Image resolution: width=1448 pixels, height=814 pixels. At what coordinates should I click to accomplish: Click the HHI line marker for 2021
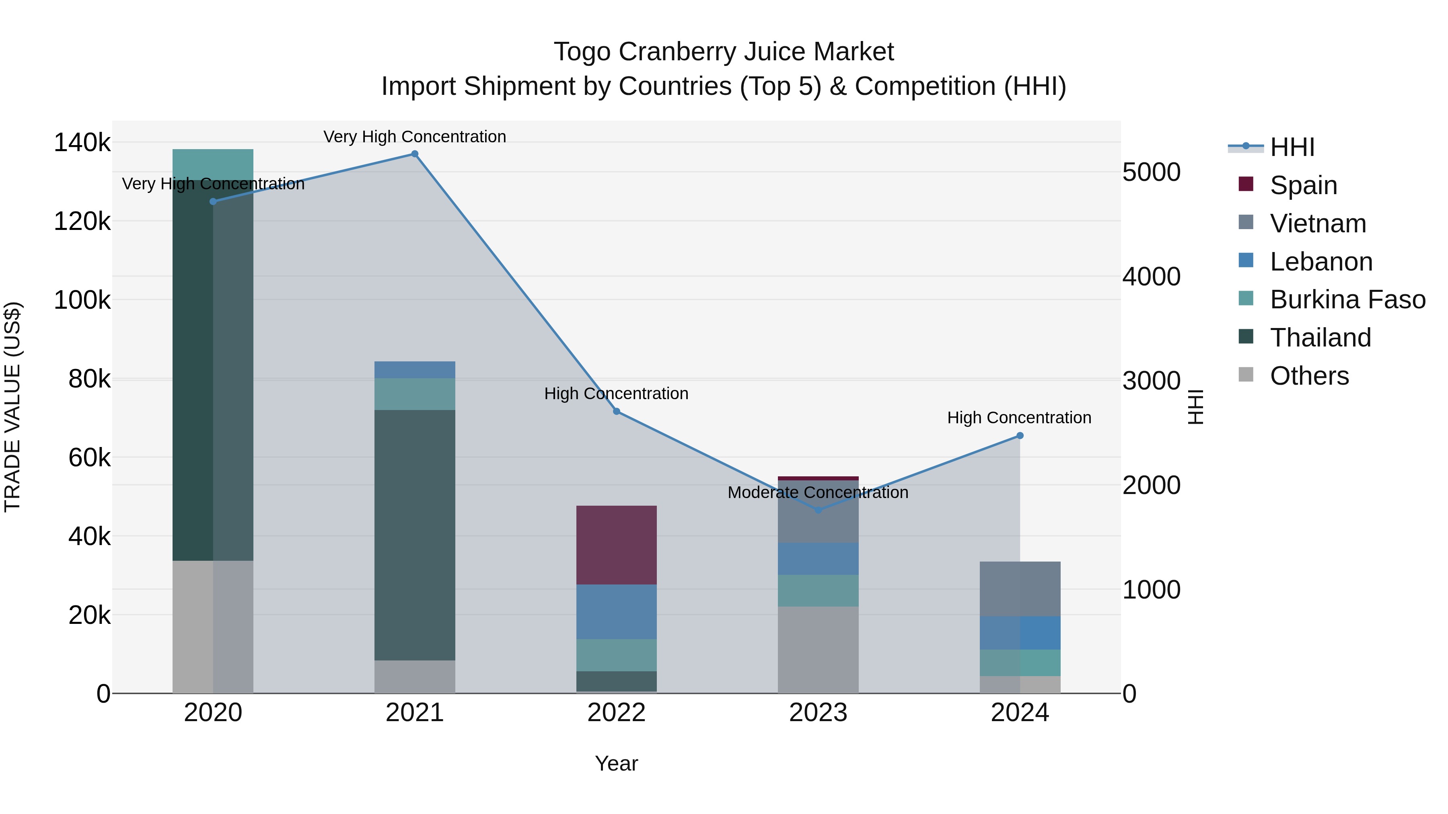[x=414, y=154]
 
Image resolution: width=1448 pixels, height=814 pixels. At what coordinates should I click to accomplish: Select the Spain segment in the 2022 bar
[x=616, y=545]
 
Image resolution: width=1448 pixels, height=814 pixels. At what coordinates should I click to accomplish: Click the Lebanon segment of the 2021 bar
[x=414, y=370]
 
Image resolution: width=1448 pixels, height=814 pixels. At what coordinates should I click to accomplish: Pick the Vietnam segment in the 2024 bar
[x=1020, y=589]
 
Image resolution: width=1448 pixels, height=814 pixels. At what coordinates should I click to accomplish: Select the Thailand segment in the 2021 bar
[x=414, y=535]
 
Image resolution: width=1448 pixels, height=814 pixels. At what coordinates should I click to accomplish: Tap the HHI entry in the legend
[x=1292, y=147]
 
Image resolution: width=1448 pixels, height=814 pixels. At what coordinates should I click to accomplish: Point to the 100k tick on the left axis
[x=82, y=300]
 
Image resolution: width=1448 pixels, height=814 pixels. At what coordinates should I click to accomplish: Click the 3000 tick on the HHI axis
[x=1151, y=381]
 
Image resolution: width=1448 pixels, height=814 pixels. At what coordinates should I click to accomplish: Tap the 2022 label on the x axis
[x=616, y=713]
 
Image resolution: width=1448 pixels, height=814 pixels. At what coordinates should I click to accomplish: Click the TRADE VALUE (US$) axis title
[x=12, y=407]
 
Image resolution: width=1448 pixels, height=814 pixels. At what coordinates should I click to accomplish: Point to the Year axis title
[x=616, y=763]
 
